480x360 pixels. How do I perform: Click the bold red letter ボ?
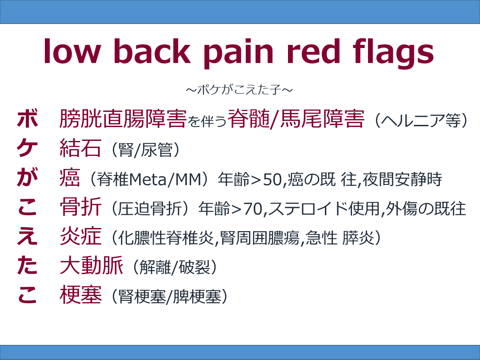point(27,119)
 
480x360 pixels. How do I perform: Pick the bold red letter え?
point(27,237)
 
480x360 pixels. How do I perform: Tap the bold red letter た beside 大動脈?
point(27,267)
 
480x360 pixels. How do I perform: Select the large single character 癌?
point(70,179)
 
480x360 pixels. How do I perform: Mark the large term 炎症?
point(80,237)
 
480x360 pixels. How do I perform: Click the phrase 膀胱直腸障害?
point(123,119)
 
